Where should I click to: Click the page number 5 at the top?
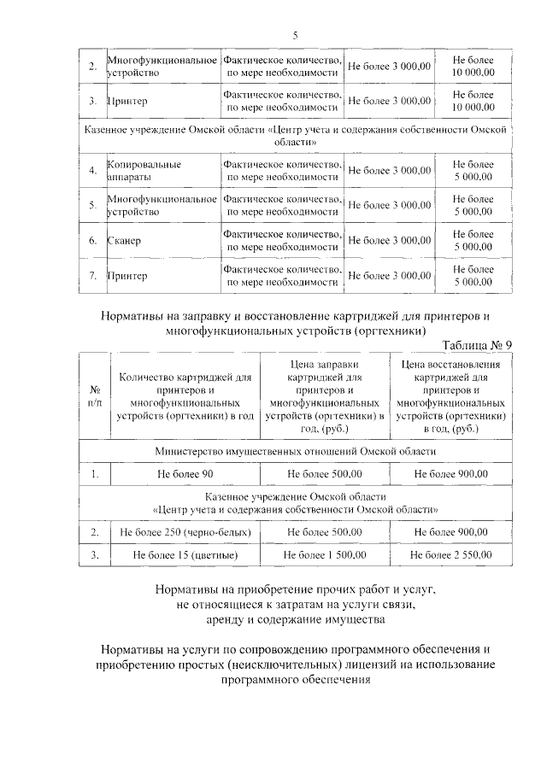[x=295, y=35]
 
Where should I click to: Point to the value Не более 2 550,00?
[x=450, y=555]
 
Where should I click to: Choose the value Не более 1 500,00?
[x=326, y=555]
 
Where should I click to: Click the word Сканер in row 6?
[x=125, y=241]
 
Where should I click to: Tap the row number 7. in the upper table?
[x=92, y=276]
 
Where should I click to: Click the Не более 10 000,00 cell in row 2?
[x=473, y=66]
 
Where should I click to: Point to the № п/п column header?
[x=94, y=394]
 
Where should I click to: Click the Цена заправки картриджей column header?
[x=326, y=394]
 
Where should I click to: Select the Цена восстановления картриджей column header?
[x=450, y=394]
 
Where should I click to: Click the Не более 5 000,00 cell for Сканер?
[x=473, y=241]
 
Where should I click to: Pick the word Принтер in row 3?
[x=127, y=101]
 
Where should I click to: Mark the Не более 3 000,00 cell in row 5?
[x=389, y=205]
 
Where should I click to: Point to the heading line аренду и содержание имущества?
[x=296, y=618]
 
